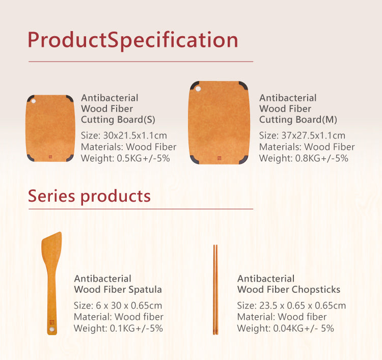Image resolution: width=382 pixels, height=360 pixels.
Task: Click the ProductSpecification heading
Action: (x=133, y=40)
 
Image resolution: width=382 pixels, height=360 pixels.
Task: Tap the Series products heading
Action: (x=89, y=196)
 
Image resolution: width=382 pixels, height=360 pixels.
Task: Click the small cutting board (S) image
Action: (x=50, y=128)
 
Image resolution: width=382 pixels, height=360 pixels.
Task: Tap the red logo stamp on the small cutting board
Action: (x=50, y=156)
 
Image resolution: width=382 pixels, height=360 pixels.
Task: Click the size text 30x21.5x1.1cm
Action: (x=124, y=136)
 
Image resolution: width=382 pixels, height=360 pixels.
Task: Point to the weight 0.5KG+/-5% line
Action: (x=125, y=158)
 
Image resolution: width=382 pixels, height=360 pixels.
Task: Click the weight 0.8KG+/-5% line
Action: (x=304, y=158)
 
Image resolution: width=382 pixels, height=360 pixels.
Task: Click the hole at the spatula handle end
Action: (x=51, y=331)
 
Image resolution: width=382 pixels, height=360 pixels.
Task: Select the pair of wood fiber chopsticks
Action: (x=215, y=289)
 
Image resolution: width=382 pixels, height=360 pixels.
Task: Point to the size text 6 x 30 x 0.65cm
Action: (x=118, y=306)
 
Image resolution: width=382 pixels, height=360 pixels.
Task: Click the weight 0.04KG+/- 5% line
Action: (x=286, y=328)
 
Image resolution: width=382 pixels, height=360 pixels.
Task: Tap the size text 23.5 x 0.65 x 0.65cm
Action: (x=291, y=306)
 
